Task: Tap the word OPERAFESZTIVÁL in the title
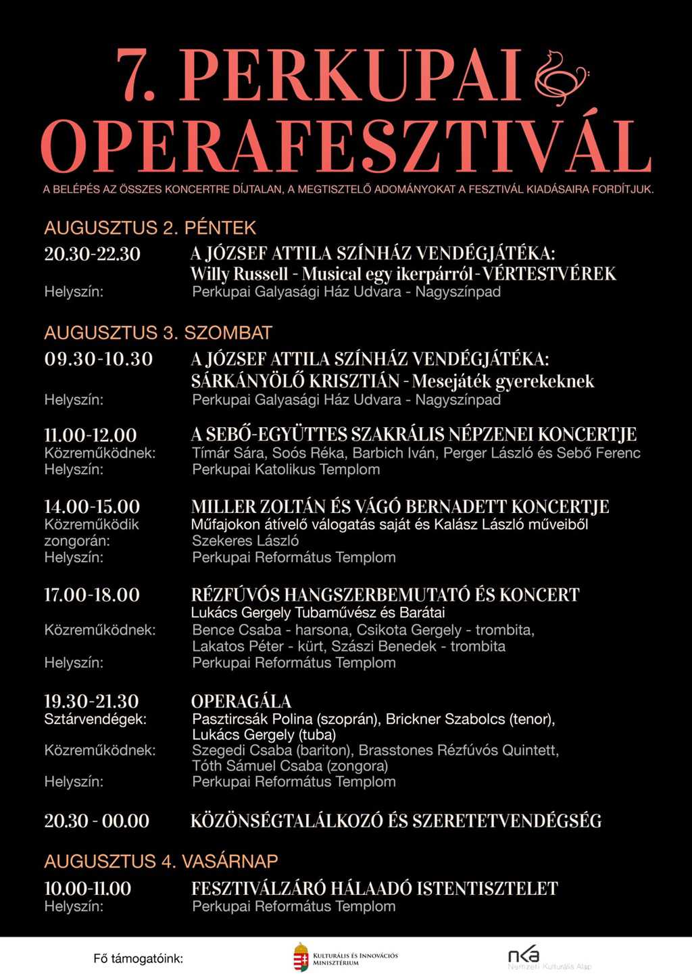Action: pyautogui.click(x=345, y=147)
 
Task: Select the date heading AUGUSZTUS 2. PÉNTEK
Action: pyautogui.click(x=150, y=228)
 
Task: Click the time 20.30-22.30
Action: pyautogui.click(x=93, y=254)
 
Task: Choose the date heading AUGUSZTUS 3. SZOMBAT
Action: pyautogui.click(x=158, y=333)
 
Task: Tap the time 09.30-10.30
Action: pyautogui.click(x=99, y=359)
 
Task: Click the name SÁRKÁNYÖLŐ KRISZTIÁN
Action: pyautogui.click(x=295, y=381)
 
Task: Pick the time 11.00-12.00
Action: pyautogui.click(x=91, y=435)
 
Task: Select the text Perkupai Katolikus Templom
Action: pyautogui.click(x=286, y=469)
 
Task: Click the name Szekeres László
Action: pyautogui.click(x=245, y=541)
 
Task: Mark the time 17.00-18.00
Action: pyautogui.click(x=92, y=595)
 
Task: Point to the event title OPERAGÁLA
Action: pyautogui.click(x=241, y=701)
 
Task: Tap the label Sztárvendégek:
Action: pyautogui.click(x=95, y=719)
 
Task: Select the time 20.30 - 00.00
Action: pyautogui.click(x=97, y=821)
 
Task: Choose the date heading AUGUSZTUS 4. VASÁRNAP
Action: pyautogui.click(x=161, y=861)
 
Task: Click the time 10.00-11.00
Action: pyautogui.click(x=88, y=888)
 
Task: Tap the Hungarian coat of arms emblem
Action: pyautogui.click(x=301, y=958)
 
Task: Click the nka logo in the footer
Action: pyautogui.click(x=524, y=955)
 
